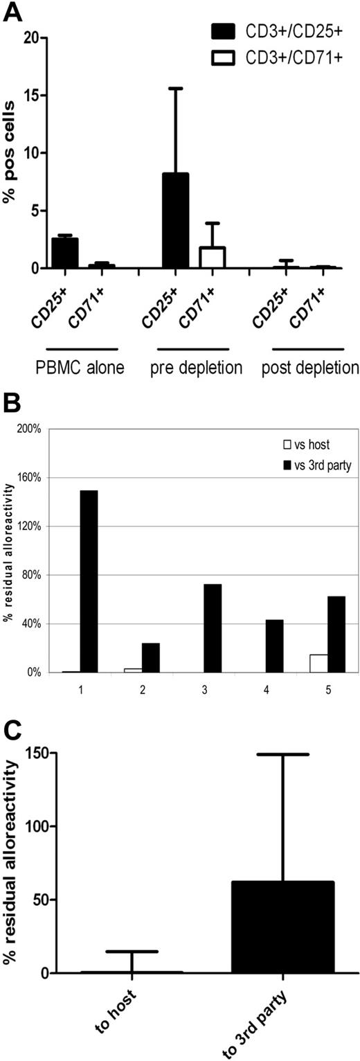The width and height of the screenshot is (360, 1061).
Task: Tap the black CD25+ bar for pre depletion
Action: [x=175, y=220]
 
